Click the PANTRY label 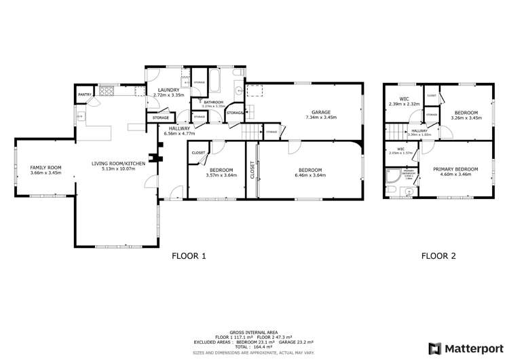pyautogui.click(x=85, y=94)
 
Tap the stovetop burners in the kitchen pyautogui.click(x=107, y=91)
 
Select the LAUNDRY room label pyautogui.click(x=168, y=90)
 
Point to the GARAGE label pyautogui.click(x=321, y=111)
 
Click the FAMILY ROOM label pyautogui.click(x=46, y=168)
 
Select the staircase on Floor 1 pyautogui.click(x=252, y=131)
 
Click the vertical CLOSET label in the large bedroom pyautogui.click(x=252, y=170)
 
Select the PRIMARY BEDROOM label pyautogui.click(x=455, y=169)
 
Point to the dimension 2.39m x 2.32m pyautogui.click(x=404, y=105)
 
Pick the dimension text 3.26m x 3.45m pyautogui.click(x=466, y=118)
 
